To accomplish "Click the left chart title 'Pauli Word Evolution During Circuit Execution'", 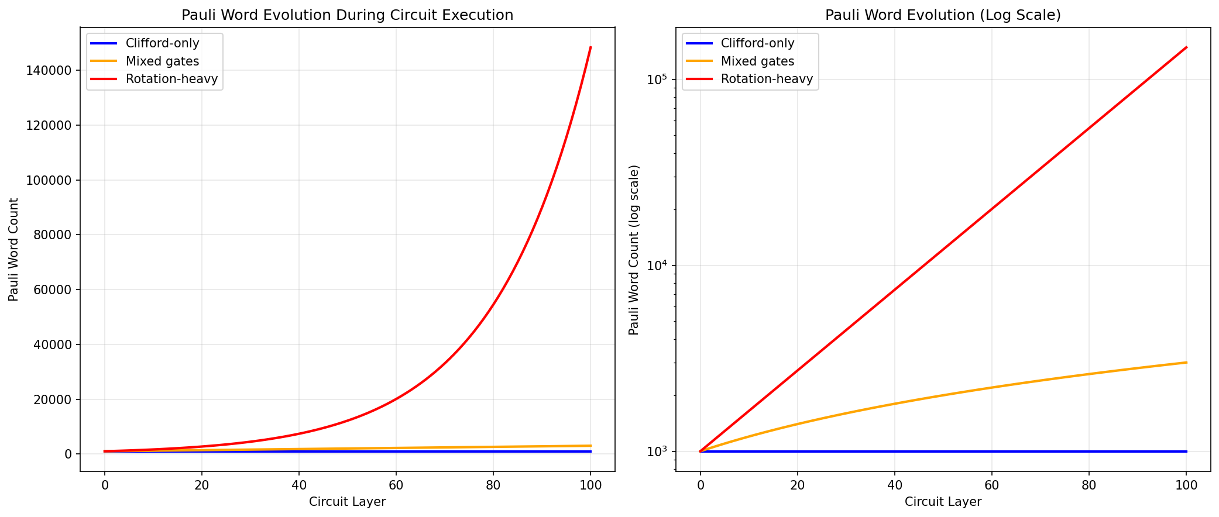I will [347, 15].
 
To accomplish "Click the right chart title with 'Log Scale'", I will [943, 15].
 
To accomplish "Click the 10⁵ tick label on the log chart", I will [658, 79].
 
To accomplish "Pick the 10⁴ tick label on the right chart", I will [658, 265].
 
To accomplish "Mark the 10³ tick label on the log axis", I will [658, 451].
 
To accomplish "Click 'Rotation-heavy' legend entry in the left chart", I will [171, 79].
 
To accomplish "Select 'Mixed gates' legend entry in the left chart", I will [162, 61].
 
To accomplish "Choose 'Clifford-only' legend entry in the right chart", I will [757, 43].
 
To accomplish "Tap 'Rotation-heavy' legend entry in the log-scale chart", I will [767, 79].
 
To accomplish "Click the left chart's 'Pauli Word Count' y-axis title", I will [13, 250].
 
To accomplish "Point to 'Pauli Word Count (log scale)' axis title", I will [634, 250].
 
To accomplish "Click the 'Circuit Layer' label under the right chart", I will [943, 502].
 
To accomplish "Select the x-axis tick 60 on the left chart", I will [396, 485].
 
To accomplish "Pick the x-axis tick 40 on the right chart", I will [894, 485].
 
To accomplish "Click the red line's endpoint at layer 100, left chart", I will [590, 47].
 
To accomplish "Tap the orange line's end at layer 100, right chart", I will [1186, 363].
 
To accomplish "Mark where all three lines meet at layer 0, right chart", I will [700, 451].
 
